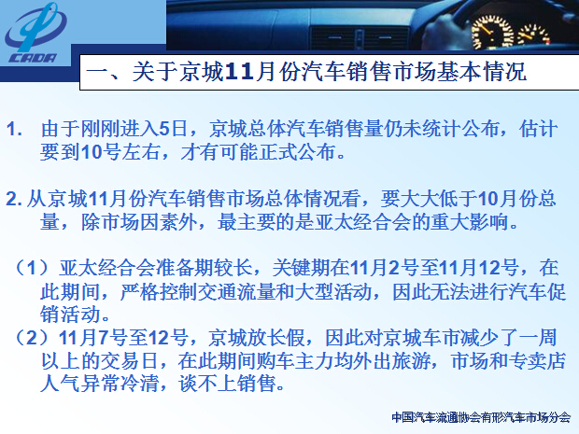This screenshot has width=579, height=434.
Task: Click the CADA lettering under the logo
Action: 33,58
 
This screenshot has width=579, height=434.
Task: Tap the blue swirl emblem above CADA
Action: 35,27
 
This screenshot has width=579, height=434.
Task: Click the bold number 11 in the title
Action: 238,71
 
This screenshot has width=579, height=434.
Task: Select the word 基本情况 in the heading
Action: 481,71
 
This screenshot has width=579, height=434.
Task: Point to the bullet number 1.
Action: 14,130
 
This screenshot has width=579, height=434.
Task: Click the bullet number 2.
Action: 14,200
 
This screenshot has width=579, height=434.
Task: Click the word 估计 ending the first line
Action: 538,129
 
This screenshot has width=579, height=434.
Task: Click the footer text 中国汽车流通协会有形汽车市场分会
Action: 481,417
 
